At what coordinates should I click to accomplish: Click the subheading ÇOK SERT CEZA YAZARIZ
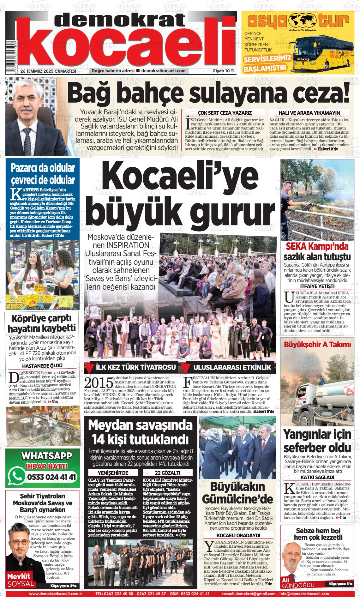click(225, 113)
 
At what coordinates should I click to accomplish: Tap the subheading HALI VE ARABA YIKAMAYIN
click(309, 113)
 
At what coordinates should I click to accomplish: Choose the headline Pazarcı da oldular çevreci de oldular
click(43, 174)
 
